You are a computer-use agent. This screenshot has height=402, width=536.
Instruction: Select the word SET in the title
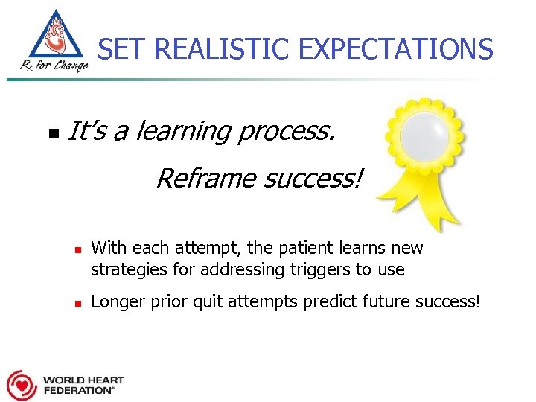click(119, 50)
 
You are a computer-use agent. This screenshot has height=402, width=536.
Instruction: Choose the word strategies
click(124, 269)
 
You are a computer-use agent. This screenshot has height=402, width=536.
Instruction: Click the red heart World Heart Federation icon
click(20, 385)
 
